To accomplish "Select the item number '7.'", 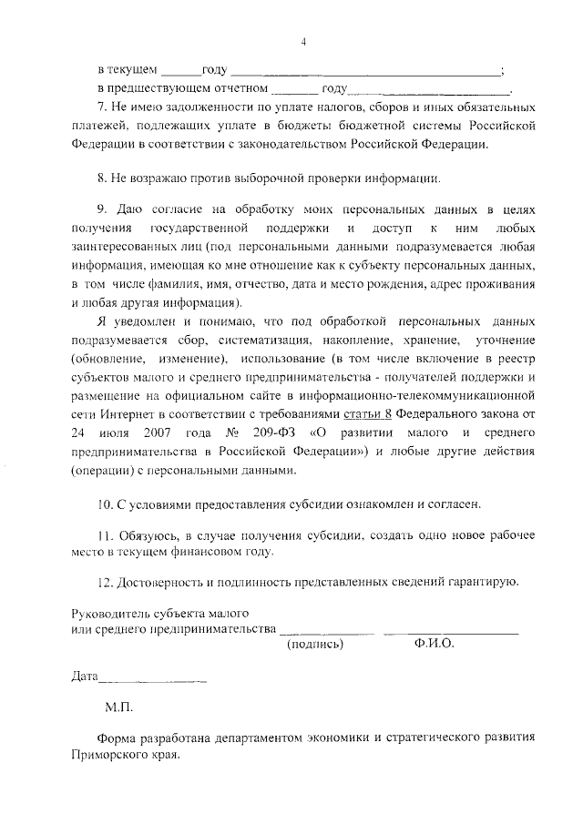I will (102, 109).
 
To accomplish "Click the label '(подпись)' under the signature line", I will (315, 644).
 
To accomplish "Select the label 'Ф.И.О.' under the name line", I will (433, 644).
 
